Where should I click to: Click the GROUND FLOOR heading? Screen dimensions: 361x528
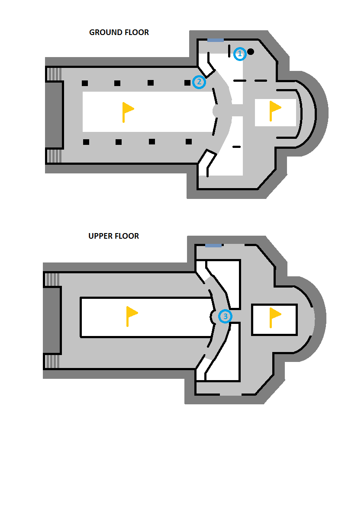pyautogui.click(x=119, y=32)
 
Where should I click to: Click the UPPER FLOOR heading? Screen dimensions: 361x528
pyautogui.click(x=113, y=236)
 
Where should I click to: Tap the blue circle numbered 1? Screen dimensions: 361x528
pyautogui.click(x=240, y=54)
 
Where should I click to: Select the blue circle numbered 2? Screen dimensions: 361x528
pyautogui.click(x=199, y=82)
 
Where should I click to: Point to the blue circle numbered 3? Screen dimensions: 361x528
pyautogui.click(x=225, y=317)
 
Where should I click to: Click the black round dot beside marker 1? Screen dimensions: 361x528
pyautogui.click(x=251, y=51)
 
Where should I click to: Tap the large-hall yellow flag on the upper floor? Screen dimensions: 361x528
pyautogui.click(x=132, y=317)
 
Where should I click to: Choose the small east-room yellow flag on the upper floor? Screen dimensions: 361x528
pyautogui.click(x=275, y=318)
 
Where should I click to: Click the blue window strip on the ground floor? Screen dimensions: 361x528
pyautogui.click(x=216, y=40)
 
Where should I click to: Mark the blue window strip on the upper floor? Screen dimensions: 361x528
pyautogui.click(x=213, y=246)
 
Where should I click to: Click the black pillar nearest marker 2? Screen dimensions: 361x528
pyautogui.click(x=187, y=83)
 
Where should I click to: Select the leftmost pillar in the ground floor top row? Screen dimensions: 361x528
pyautogui.click(x=85, y=83)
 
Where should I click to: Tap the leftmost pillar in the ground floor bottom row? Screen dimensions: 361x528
pyautogui.click(x=86, y=142)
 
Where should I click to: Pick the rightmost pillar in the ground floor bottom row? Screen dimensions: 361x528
pyautogui.click(x=189, y=141)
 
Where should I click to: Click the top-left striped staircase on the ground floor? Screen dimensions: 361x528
pyautogui.click(x=54, y=74)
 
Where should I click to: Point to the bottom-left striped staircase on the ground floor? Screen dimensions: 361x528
pyautogui.click(x=54, y=156)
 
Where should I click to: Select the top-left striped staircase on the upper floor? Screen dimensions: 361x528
pyautogui.click(x=52, y=280)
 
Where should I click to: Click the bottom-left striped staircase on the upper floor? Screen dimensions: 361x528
pyautogui.click(x=52, y=362)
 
